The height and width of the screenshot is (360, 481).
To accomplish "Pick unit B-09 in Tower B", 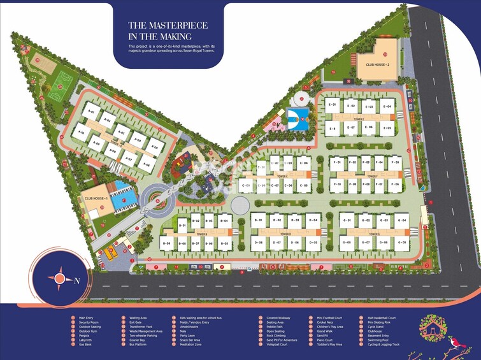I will [167, 243].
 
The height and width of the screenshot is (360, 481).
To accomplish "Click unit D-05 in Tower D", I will [312, 243].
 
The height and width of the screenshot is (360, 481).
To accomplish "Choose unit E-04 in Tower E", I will [386, 106].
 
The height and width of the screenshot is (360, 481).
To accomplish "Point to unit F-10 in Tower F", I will [336, 184].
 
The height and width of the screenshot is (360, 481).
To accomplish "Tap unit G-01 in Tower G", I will [347, 220].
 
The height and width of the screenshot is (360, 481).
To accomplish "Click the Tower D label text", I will [285, 234].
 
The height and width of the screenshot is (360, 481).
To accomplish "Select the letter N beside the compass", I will [77, 280].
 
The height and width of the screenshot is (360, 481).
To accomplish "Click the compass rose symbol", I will [59, 278].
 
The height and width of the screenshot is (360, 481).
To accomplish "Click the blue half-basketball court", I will [297, 117].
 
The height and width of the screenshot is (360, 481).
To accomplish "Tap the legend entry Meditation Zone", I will [187, 344].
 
